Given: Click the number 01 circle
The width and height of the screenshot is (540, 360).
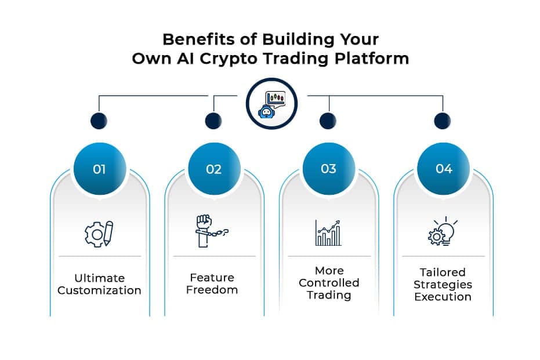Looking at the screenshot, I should pyautogui.click(x=99, y=169).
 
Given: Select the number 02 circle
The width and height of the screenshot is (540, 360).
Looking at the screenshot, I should pyautogui.click(x=213, y=169).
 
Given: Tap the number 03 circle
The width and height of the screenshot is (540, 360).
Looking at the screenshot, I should pyautogui.click(x=328, y=169).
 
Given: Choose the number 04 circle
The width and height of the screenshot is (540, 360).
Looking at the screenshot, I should pyautogui.click(x=444, y=169).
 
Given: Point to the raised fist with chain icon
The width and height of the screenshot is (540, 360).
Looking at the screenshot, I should pyautogui.click(x=212, y=231).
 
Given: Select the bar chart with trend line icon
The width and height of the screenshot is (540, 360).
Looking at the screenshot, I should pyautogui.click(x=328, y=232).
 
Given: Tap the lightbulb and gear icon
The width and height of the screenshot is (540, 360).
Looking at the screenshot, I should pyautogui.click(x=443, y=232).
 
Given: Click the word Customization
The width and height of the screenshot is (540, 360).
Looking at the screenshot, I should pyautogui.click(x=99, y=290).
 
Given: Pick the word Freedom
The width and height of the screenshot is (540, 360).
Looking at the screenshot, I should pyautogui.click(x=212, y=289).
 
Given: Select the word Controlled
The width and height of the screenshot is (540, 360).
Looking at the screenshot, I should pyautogui.click(x=329, y=283).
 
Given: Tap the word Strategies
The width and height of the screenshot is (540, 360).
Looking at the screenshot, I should pyautogui.click(x=443, y=284).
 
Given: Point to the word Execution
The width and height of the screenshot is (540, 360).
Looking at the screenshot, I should pyautogui.click(x=443, y=296).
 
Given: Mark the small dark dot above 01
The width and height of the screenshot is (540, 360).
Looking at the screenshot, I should pyautogui.click(x=99, y=121).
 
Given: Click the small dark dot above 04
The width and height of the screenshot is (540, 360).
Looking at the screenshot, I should pyautogui.click(x=443, y=121).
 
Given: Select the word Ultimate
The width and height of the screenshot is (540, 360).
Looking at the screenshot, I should pyautogui.click(x=99, y=278).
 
